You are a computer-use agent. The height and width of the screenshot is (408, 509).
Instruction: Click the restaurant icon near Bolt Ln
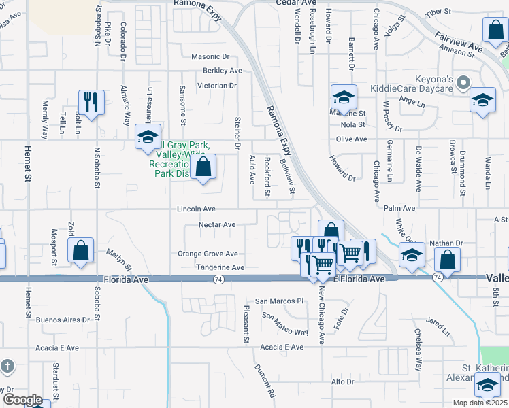[x=91, y=102]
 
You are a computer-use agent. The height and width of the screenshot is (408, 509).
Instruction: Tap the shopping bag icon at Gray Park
[x=203, y=167]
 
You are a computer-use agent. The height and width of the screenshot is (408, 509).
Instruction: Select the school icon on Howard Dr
[x=344, y=97]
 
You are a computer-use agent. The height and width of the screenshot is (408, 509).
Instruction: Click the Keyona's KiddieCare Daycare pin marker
[x=463, y=83]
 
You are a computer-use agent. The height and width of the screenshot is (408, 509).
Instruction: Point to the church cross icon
[x=6, y=367]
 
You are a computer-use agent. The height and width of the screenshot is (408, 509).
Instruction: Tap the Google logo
[x=22, y=400]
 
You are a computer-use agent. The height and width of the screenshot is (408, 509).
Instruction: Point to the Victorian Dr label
[x=216, y=86]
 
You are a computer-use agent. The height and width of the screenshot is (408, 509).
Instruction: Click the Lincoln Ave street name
[x=197, y=209]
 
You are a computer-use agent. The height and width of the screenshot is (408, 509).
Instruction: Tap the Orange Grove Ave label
[x=208, y=254]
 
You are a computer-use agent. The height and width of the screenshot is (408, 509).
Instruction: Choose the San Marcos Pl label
[x=278, y=301]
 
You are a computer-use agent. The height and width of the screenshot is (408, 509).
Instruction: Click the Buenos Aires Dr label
[x=63, y=320]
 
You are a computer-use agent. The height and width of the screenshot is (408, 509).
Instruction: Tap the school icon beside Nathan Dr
[x=412, y=254]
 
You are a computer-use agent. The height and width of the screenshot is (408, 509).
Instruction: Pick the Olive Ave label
[x=351, y=139]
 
